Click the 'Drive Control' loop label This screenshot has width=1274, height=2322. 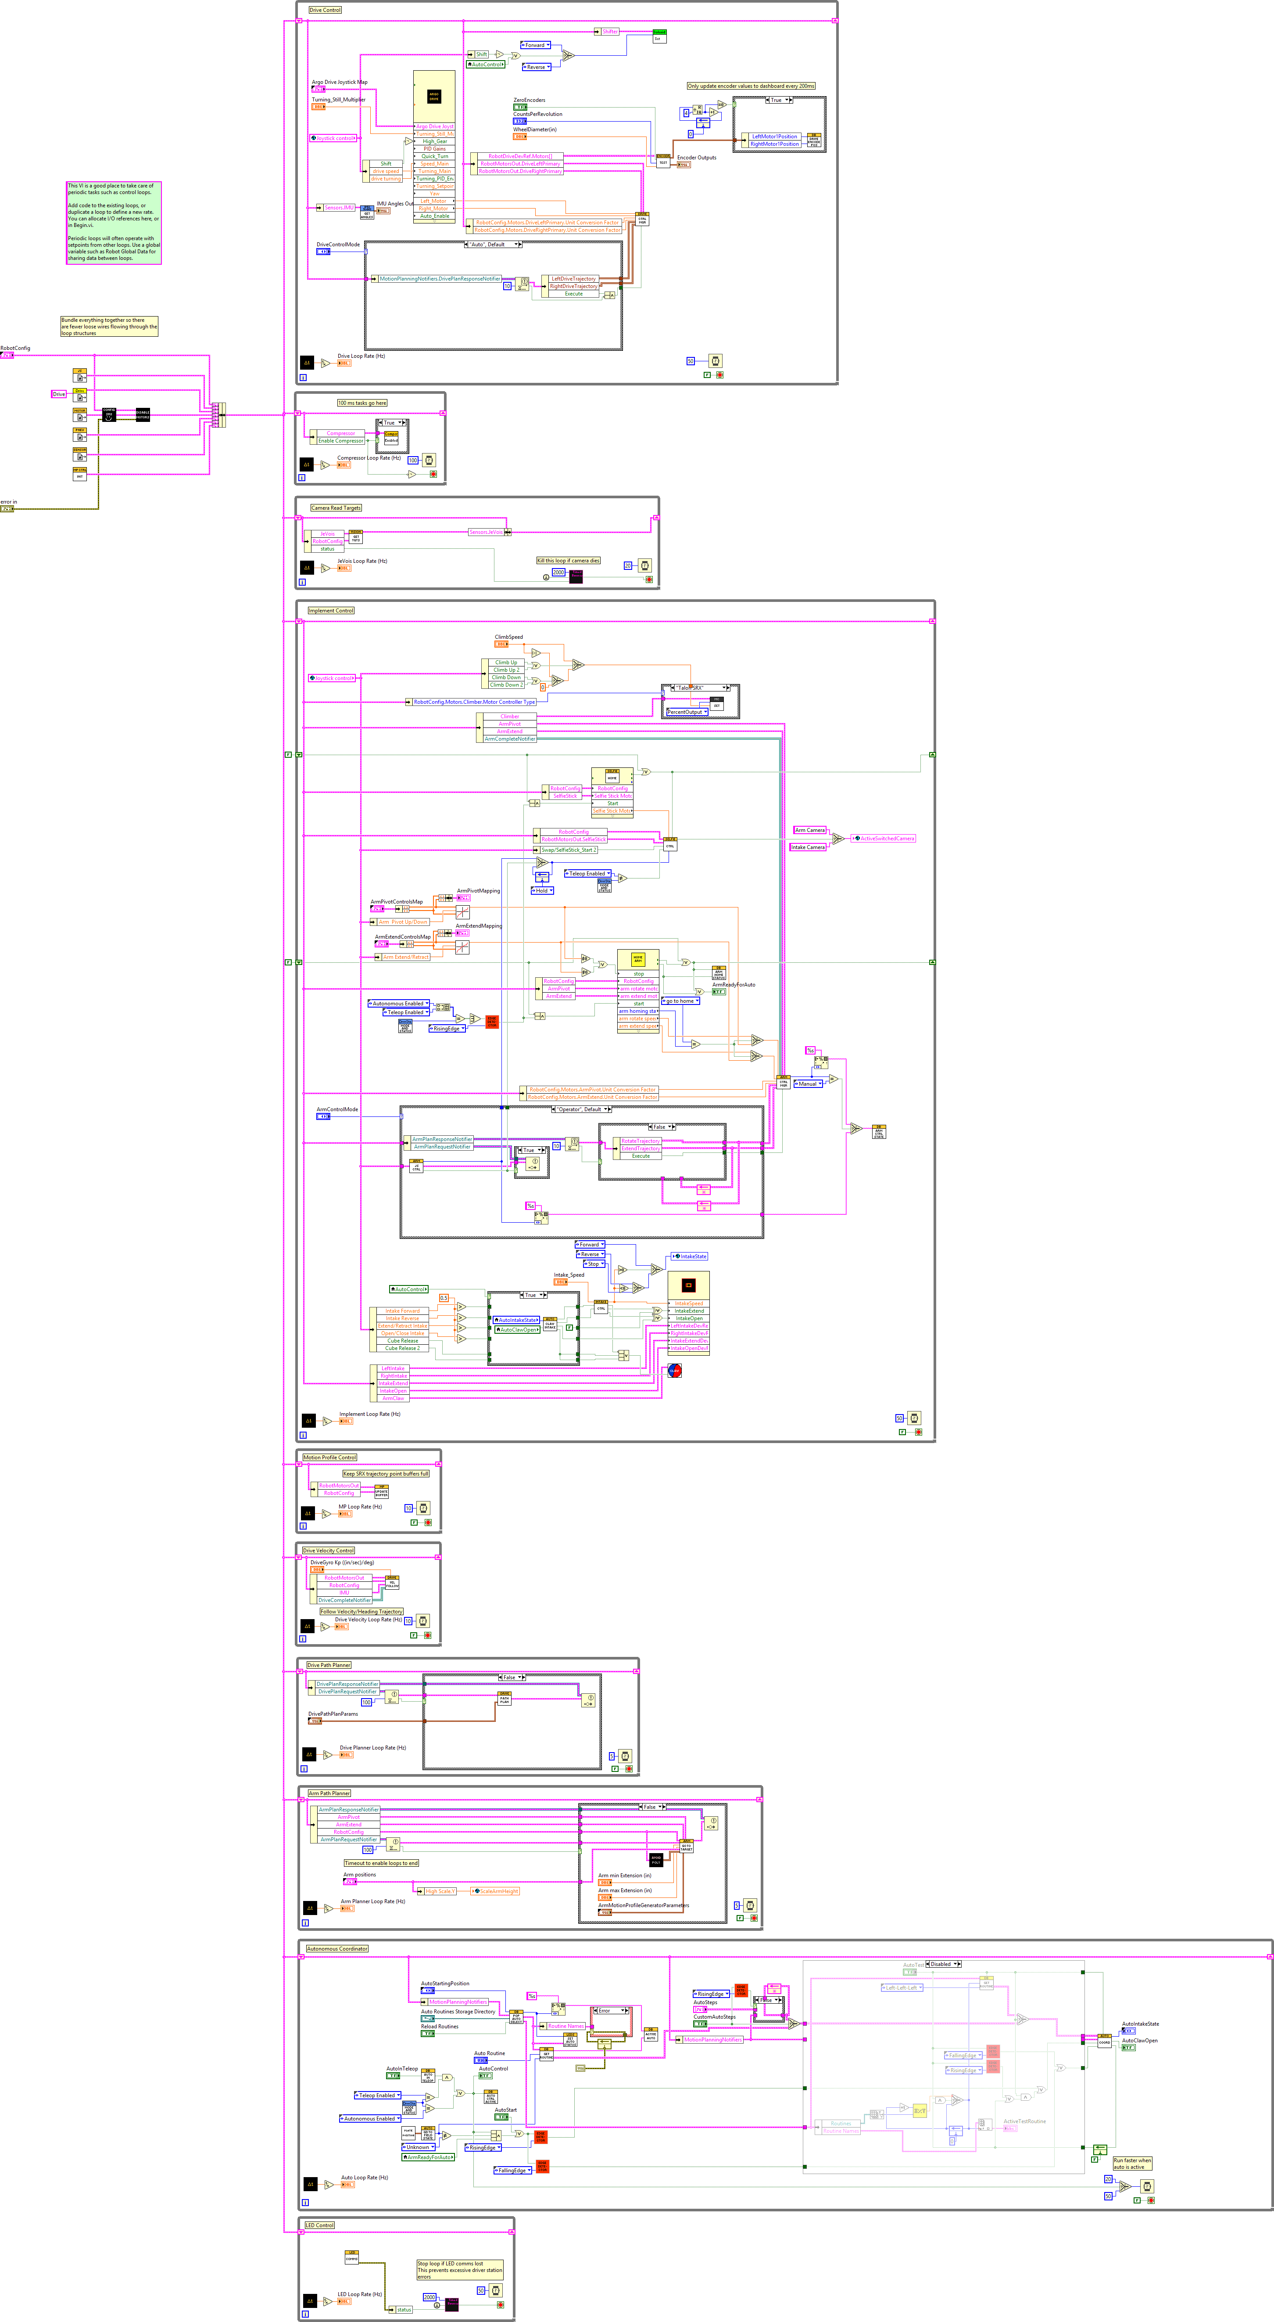tap(325, 10)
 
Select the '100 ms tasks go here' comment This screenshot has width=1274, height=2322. tap(362, 403)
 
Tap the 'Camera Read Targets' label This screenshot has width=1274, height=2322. tap(336, 508)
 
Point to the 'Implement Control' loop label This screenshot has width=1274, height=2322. tap(332, 610)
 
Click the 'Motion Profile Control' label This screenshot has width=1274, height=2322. tap(330, 1457)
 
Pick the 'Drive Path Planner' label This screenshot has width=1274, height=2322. tap(329, 1665)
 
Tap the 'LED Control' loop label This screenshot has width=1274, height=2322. tap(320, 2225)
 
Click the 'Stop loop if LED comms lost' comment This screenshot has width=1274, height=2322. tap(459, 2270)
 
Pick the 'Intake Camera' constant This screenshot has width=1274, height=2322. tap(807, 847)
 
